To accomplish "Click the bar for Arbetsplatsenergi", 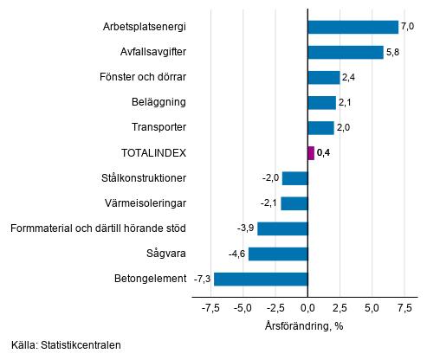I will pos(353,27).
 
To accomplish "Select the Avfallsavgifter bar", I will pos(345,52).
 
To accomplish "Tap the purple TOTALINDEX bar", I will pos(311,153).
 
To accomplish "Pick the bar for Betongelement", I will pos(261,279).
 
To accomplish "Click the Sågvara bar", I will pos(278,254).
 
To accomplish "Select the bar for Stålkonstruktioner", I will pos(294,178).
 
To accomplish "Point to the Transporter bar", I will pos(320,128).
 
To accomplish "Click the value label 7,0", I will pos(407,27).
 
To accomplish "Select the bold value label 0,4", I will pos(324,153).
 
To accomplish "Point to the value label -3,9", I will pos(245,228).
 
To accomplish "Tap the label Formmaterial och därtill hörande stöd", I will pos(98,228).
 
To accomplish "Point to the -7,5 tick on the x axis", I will pos(210,307).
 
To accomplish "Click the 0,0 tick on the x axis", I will pos(307,307).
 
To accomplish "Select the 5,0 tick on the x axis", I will pos(372,307).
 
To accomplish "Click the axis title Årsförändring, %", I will pos(304,325).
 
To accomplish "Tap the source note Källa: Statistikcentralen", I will pos(67,345).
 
